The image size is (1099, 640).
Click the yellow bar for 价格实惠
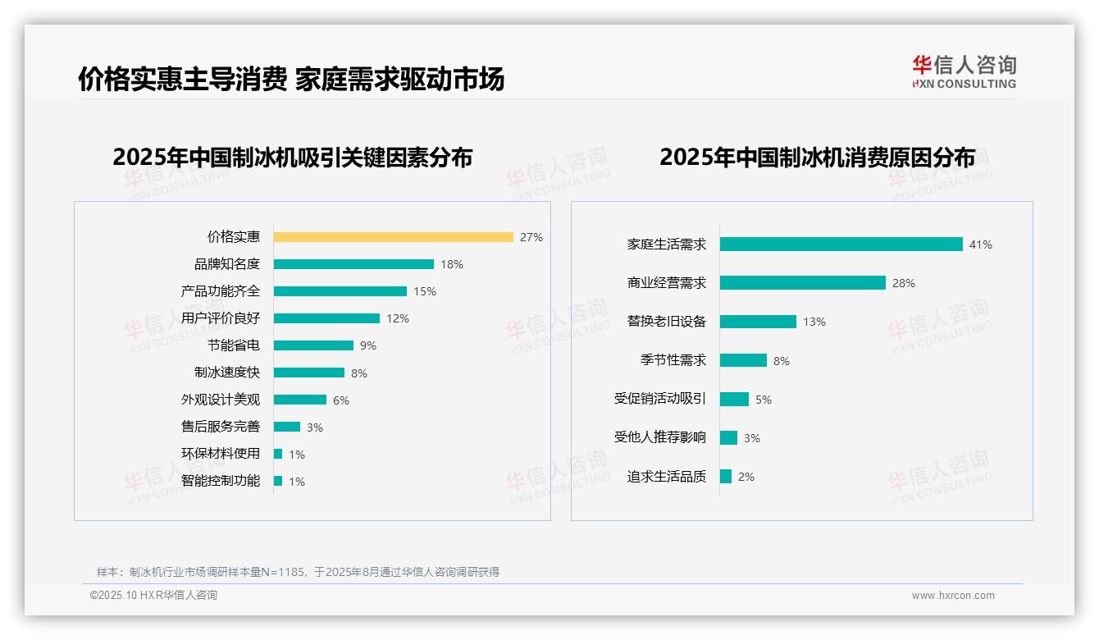(x=393, y=237)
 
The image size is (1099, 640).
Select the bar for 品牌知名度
(x=353, y=264)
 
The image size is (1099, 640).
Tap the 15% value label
(x=425, y=291)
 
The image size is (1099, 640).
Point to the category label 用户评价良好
(x=221, y=318)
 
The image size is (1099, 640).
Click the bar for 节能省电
(x=313, y=345)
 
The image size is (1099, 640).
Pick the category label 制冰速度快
(x=227, y=373)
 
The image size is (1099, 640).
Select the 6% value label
(x=341, y=400)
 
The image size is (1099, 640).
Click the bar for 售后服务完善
(x=287, y=427)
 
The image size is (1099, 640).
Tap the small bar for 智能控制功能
(x=278, y=481)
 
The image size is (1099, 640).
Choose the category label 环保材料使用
(x=221, y=454)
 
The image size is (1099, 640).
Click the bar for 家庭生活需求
(x=841, y=245)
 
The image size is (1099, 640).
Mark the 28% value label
(x=904, y=283)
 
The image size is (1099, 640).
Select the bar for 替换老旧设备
(x=758, y=322)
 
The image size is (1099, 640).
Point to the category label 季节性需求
(x=673, y=360)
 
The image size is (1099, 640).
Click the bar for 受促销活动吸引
(x=734, y=399)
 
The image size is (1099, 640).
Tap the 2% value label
(x=746, y=477)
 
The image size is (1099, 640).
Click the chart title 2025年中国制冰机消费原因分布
(x=817, y=158)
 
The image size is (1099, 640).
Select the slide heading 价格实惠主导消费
(x=183, y=80)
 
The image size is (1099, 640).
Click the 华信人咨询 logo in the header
(x=964, y=71)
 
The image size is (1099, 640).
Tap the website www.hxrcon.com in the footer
(x=953, y=596)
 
